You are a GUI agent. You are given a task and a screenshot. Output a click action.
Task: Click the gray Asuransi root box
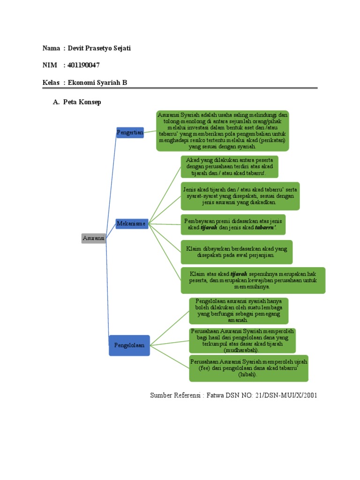click(x=93, y=238)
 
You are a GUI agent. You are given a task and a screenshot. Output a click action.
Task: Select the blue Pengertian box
click(x=130, y=133)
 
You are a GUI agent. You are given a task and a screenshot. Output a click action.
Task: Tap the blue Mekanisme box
click(x=131, y=224)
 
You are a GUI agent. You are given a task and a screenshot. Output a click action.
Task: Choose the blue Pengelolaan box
click(x=129, y=345)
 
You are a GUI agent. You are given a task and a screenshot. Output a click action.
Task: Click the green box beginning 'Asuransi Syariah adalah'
click(x=223, y=131)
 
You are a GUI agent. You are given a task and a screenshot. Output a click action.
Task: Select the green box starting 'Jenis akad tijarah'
click(x=240, y=196)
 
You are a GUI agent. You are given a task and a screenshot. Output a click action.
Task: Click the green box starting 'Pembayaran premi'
click(x=233, y=224)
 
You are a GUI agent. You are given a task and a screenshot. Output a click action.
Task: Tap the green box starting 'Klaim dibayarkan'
click(x=237, y=252)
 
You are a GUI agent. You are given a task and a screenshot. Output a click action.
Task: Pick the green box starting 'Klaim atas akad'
click(x=253, y=280)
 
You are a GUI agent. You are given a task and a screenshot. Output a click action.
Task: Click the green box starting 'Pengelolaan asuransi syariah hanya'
click(x=239, y=310)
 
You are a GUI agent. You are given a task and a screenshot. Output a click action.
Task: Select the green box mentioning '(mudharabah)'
click(x=242, y=340)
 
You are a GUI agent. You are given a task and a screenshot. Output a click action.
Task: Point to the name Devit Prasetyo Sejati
click(x=99, y=48)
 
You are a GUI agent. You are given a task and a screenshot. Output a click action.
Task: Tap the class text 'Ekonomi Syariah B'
click(x=97, y=82)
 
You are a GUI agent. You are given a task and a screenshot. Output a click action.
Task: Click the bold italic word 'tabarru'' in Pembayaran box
click(x=265, y=227)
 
